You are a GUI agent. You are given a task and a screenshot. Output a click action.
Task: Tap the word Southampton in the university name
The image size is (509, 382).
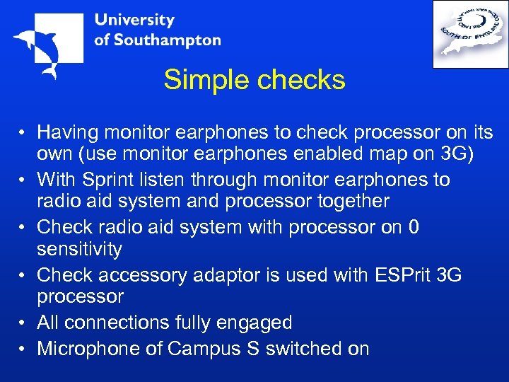167,40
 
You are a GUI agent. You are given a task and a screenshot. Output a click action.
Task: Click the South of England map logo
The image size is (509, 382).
469,34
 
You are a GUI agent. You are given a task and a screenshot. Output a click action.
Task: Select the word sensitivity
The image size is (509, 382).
79,249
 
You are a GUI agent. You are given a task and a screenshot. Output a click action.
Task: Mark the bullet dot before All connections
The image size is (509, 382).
23,323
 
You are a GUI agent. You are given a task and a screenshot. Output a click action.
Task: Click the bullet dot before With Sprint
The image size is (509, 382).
23,180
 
